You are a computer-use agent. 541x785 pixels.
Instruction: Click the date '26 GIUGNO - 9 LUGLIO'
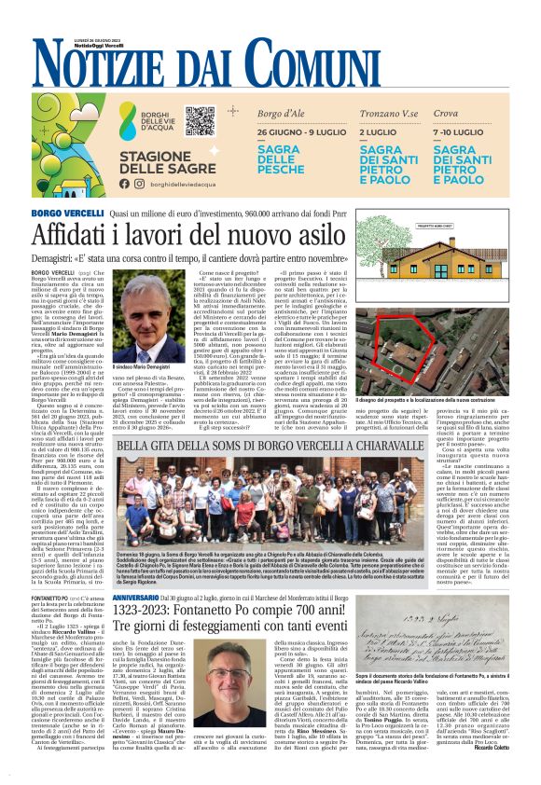point(296,133)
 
